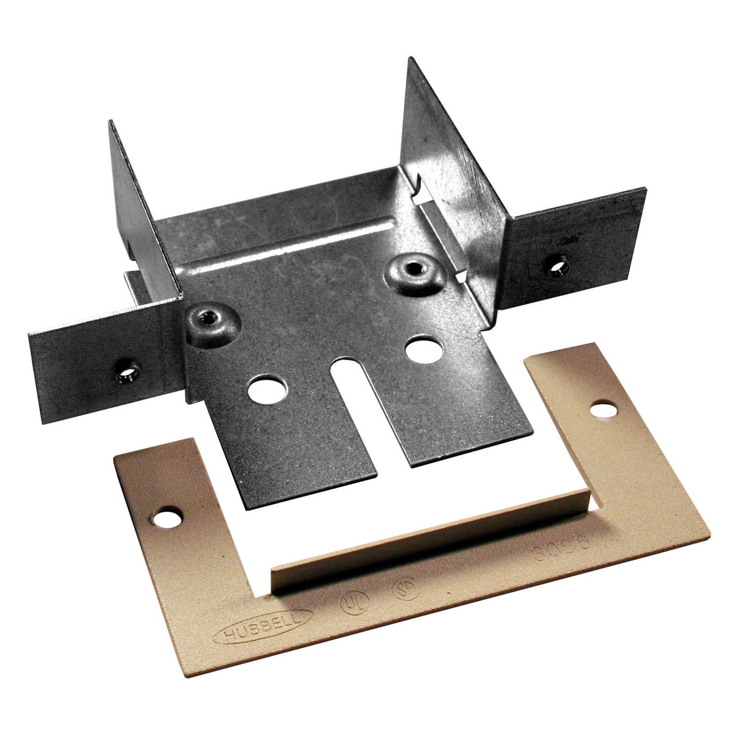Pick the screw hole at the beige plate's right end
point(606,407)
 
